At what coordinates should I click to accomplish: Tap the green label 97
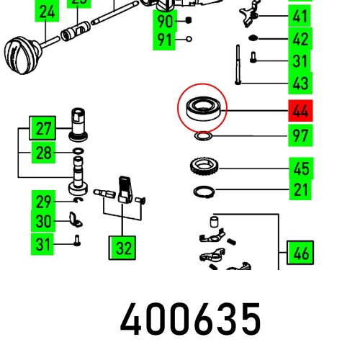300,135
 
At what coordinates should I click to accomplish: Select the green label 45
300,169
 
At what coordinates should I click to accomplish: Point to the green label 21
300,190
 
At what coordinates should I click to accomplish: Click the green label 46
300,253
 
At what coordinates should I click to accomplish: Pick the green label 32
123,248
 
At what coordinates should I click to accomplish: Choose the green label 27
44,130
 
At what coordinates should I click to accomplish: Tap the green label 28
44,153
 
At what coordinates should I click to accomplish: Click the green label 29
44,201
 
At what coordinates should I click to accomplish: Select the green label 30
44,222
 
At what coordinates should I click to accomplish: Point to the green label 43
300,84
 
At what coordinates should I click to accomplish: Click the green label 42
300,39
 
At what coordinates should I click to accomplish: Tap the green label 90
166,20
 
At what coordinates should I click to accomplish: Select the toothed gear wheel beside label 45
203,169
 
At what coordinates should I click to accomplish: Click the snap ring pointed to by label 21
202,191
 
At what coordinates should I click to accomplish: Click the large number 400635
190,320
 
